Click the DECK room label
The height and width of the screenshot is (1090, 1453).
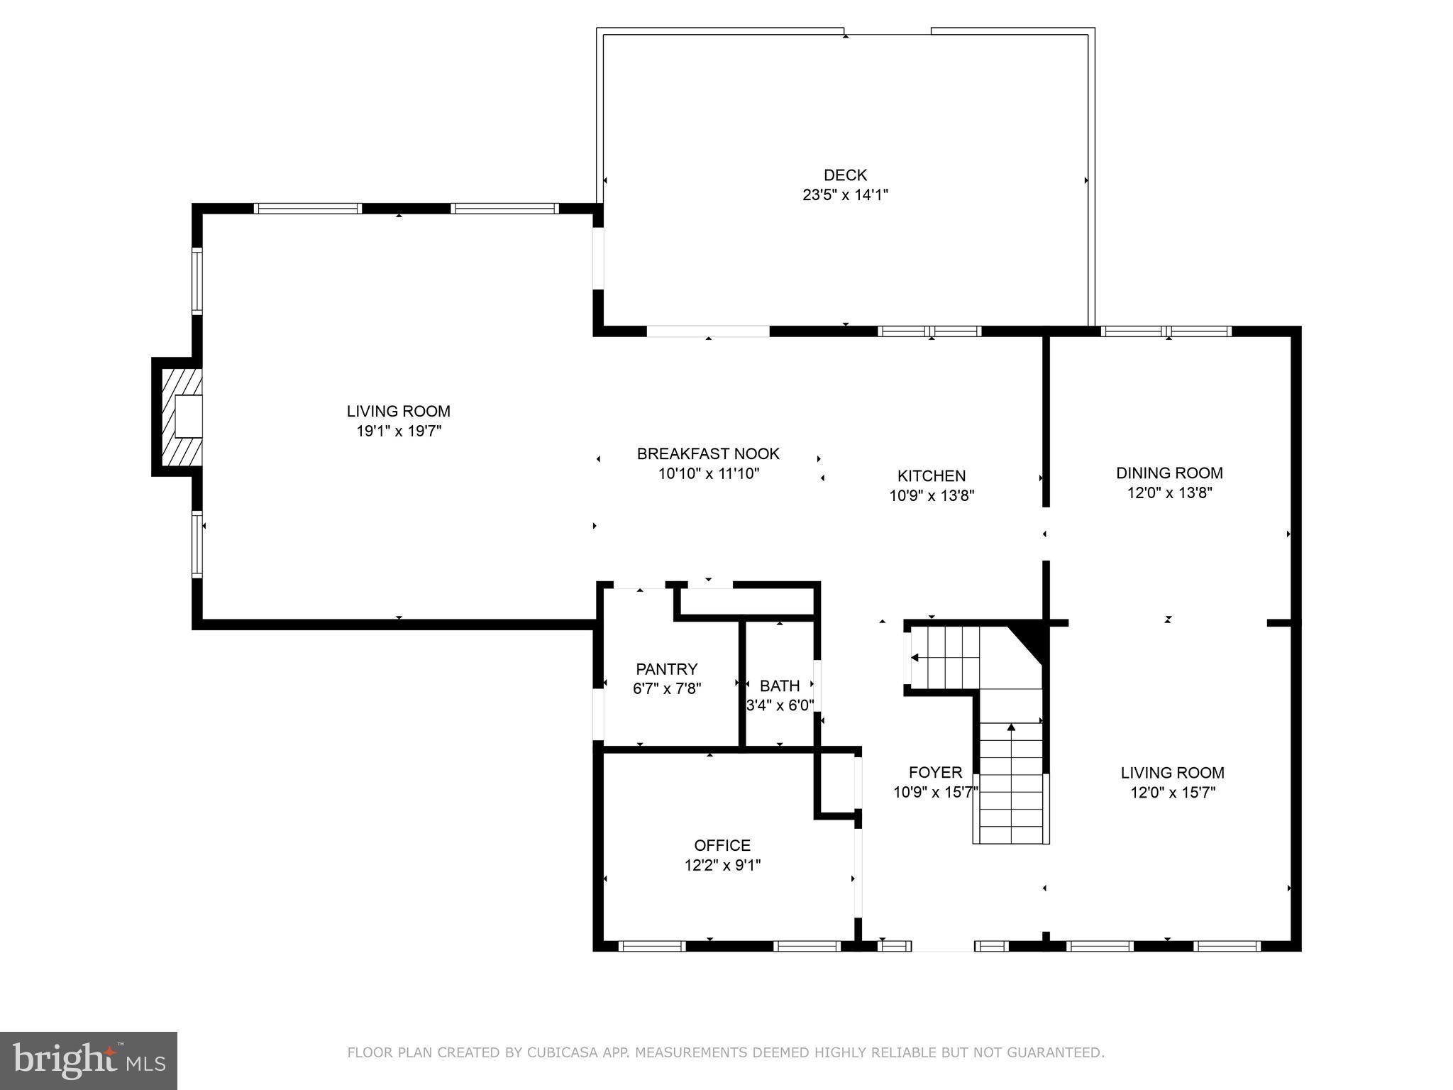point(845,175)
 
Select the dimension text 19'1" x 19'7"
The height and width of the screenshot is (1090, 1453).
point(399,431)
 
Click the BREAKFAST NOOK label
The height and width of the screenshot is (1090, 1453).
point(708,453)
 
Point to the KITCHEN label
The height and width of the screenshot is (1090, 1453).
point(932,476)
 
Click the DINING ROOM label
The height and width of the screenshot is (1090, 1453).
point(1169,473)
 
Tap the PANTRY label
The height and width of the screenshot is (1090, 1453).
point(666,669)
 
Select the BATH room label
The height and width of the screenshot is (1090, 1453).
point(779,686)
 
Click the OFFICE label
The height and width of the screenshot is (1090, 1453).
point(722,845)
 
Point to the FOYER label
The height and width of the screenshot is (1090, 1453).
point(935,772)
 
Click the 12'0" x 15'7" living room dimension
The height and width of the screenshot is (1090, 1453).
point(1173,793)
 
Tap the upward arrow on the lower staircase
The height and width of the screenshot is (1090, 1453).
point(1011,727)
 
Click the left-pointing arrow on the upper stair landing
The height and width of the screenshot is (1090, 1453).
point(915,658)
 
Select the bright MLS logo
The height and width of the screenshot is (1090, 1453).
point(88,1061)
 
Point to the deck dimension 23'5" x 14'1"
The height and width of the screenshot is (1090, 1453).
point(845,195)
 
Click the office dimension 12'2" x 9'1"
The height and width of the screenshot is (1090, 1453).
point(722,865)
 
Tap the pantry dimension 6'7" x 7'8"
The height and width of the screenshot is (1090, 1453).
point(666,688)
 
